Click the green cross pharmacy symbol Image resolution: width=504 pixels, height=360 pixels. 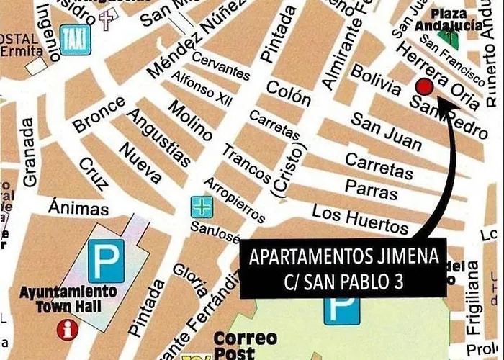201,207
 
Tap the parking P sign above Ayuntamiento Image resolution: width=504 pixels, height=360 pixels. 105,260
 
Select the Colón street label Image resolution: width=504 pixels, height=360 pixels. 287,91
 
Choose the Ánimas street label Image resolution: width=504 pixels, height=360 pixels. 78,209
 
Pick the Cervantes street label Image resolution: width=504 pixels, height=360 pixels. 220,66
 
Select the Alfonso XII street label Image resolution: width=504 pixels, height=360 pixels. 203,92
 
